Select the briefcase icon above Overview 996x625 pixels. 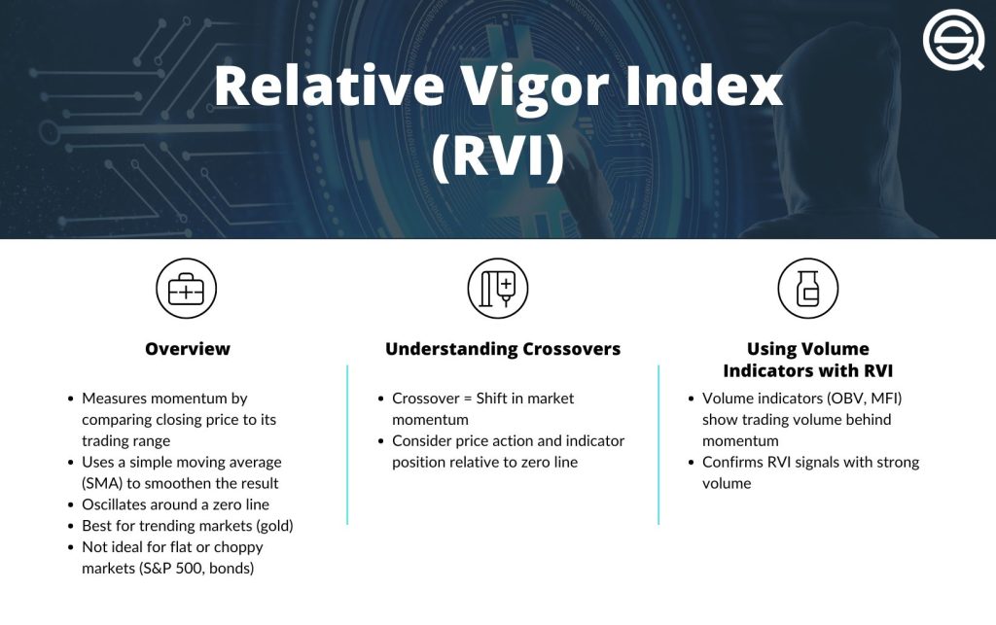point(186,289)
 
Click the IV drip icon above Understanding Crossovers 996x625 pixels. point(497,289)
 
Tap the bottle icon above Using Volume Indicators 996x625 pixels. point(807,289)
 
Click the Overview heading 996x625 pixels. point(188,349)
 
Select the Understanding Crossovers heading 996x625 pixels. point(503,349)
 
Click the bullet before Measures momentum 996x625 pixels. point(71,399)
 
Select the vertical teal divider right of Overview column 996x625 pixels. point(347,444)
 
